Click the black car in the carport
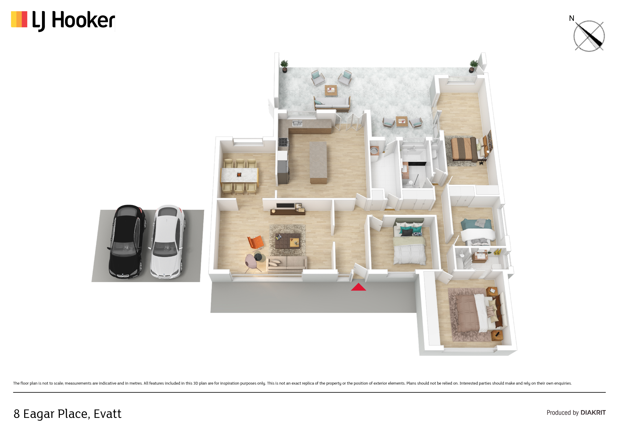pos(127,242)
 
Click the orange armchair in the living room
pos(255,242)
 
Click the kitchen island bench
pos(318,163)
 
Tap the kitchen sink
pos(297,124)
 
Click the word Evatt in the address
pos(108,414)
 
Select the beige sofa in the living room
pos(286,263)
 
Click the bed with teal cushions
pos(409,241)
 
